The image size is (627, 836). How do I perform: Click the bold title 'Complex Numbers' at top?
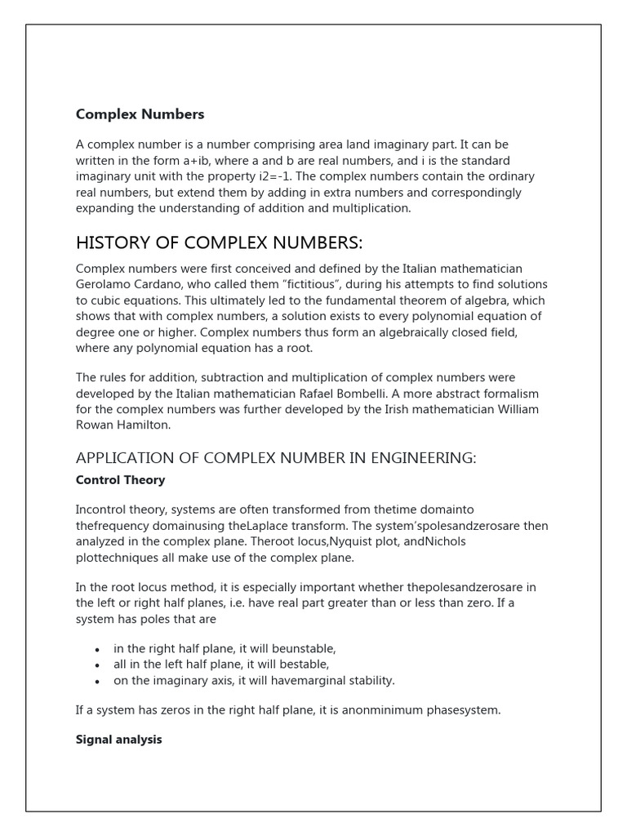click(140, 114)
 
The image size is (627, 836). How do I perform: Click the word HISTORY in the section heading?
click(112, 243)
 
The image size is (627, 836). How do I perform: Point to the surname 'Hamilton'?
click(145, 425)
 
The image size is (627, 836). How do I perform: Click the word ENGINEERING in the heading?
click(416, 458)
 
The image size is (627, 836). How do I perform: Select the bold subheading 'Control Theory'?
click(120, 480)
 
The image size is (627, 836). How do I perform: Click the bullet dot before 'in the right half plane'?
click(98, 649)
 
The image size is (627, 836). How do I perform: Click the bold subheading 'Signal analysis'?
click(118, 740)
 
